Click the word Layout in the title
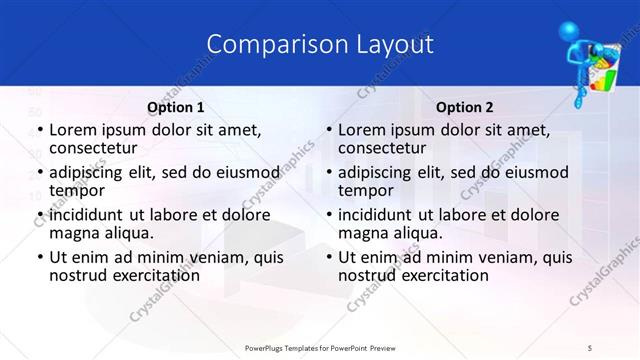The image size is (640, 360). point(391,44)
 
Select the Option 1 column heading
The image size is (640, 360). point(176,106)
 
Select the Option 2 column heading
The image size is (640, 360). point(465,106)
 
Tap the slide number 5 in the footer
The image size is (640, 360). point(591,347)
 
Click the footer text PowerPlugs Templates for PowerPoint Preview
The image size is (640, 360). point(319,347)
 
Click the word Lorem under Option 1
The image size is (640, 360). point(72,130)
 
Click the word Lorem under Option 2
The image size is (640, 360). point(362,130)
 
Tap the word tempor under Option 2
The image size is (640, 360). point(362,190)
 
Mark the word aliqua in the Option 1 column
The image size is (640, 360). point(127,232)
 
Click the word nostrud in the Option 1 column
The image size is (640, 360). point(77,274)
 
